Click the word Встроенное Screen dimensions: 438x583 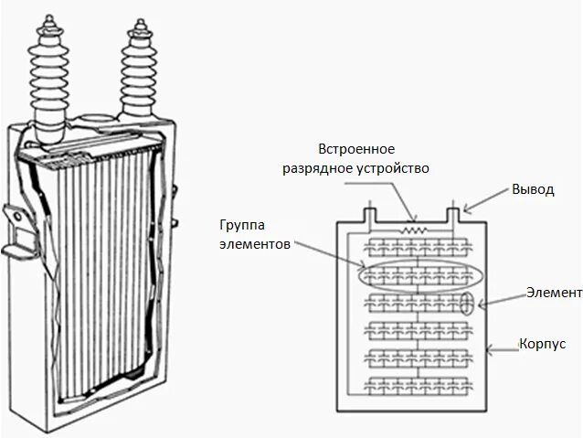click(x=356, y=148)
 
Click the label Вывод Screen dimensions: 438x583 click(x=532, y=189)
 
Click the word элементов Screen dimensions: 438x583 click(x=255, y=245)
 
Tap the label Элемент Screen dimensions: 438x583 click(x=554, y=293)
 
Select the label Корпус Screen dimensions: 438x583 click(x=543, y=344)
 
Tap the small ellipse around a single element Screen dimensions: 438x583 click(x=467, y=303)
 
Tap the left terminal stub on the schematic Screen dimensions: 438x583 click(x=369, y=212)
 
